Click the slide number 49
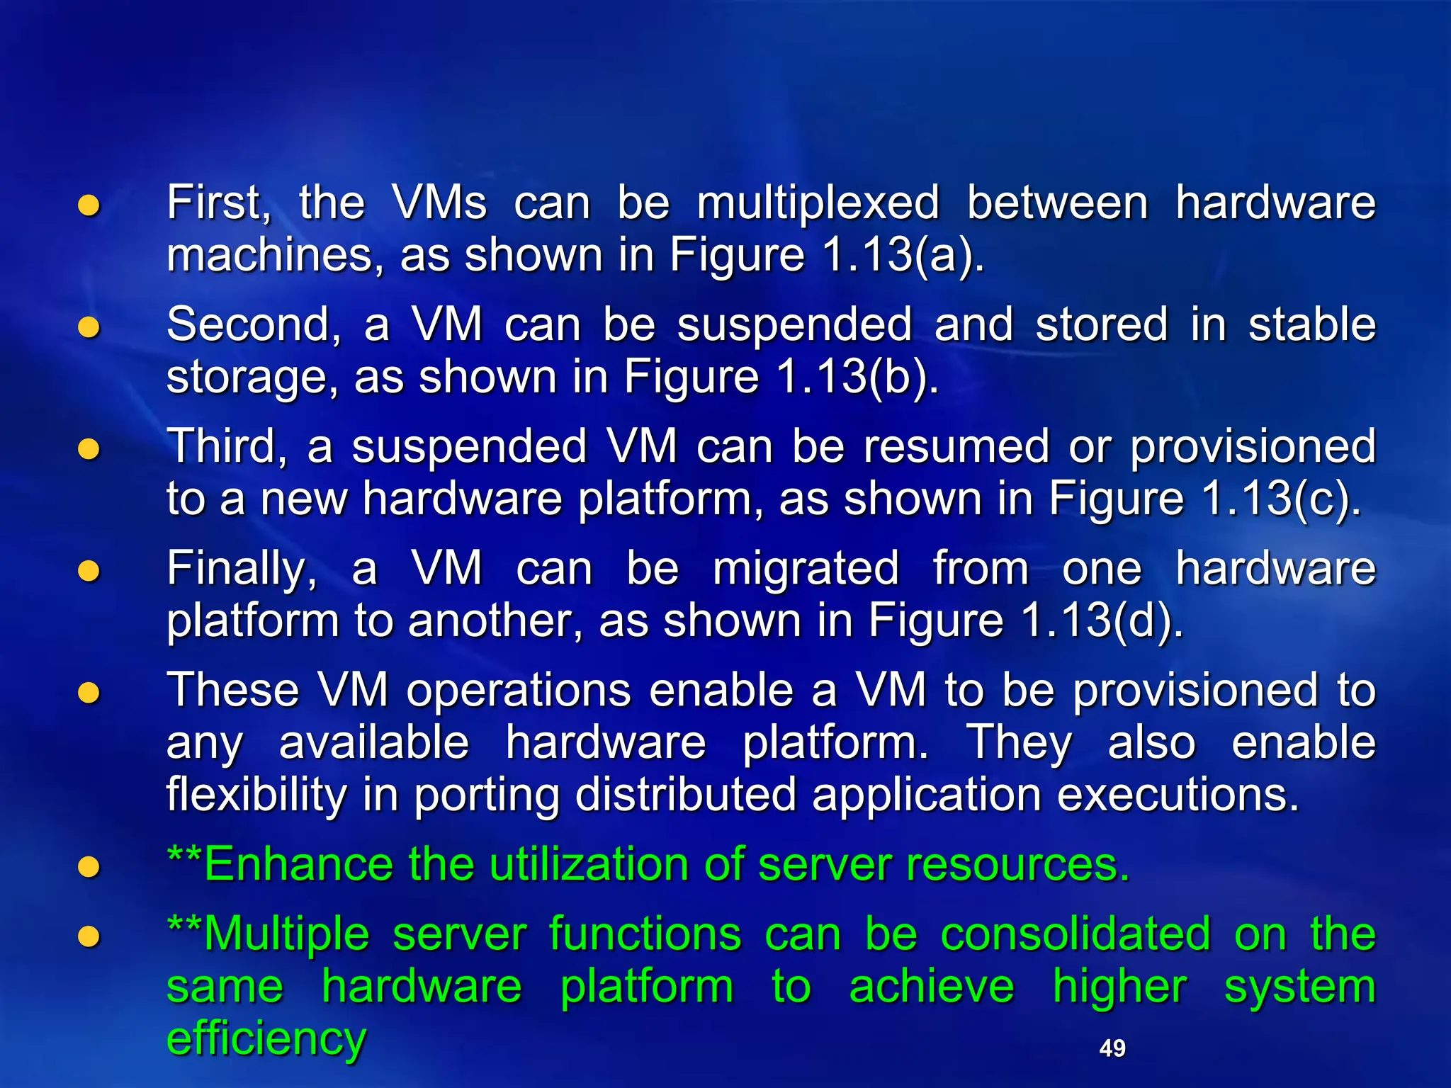point(1112,1048)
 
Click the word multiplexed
point(818,203)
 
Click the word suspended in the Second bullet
point(794,325)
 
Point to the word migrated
point(806,569)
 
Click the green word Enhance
point(298,864)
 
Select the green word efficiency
point(266,1038)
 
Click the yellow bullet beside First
point(89,205)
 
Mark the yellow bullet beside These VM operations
point(89,693)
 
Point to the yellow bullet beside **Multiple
point(89,936)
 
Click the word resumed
point(956,447)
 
